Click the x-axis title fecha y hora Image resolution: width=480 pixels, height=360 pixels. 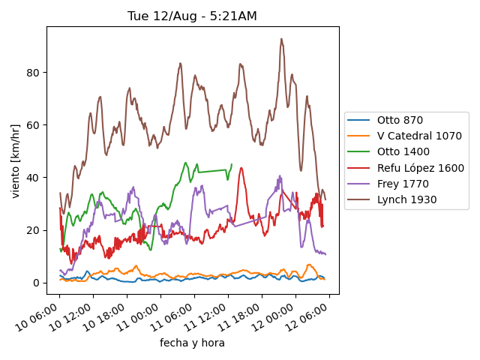(x=192, y=343)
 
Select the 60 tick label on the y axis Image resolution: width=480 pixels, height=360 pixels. (x=32, y=125)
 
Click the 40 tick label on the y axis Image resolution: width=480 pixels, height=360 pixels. (x=32, y=178)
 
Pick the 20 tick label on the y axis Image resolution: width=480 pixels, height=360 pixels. (x=32, y=230)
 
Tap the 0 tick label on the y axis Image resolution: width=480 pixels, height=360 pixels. (x=35, y=283)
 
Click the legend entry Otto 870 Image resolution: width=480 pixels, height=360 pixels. (x=399, y=120)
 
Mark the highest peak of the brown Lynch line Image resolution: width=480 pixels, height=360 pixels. (x=281, y=39)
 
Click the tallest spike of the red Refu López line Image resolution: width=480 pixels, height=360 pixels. (x=241, y=168)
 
